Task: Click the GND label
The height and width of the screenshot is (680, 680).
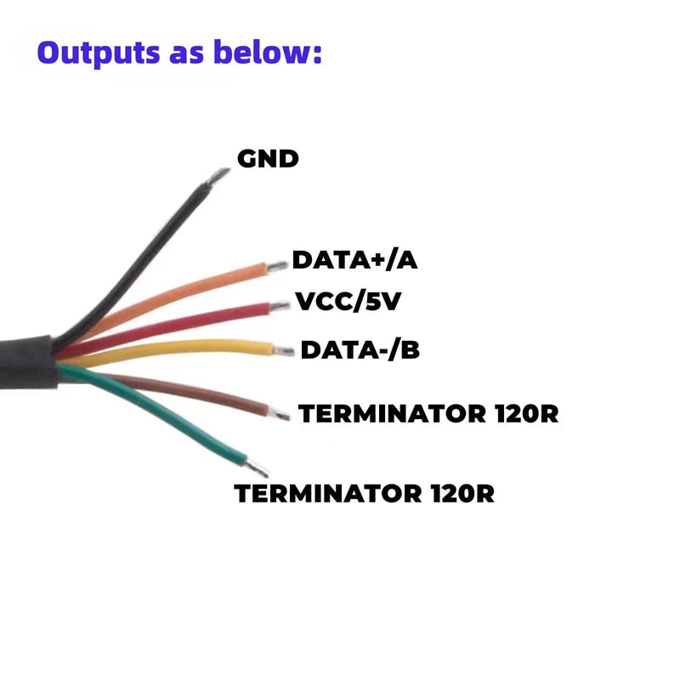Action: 268,159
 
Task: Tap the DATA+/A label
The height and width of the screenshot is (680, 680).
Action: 354,260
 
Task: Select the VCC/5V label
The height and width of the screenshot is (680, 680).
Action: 348,302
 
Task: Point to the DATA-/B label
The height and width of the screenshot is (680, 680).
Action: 360,350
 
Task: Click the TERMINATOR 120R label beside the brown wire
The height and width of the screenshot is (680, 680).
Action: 428,413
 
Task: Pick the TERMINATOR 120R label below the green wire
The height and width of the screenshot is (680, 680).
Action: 365,494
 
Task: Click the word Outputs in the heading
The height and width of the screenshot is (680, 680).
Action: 99,53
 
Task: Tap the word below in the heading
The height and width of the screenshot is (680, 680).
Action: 268,52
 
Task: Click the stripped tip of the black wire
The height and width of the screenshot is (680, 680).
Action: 218,176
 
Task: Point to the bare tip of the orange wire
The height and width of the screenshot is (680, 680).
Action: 277,266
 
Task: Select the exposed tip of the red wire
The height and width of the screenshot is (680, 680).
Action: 280,307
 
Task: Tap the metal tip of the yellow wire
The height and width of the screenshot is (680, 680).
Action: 284,350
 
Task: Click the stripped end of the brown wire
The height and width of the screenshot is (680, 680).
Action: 280,414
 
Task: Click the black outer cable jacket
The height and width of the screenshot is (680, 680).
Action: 29,362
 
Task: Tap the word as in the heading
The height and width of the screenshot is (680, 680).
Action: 187,55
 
